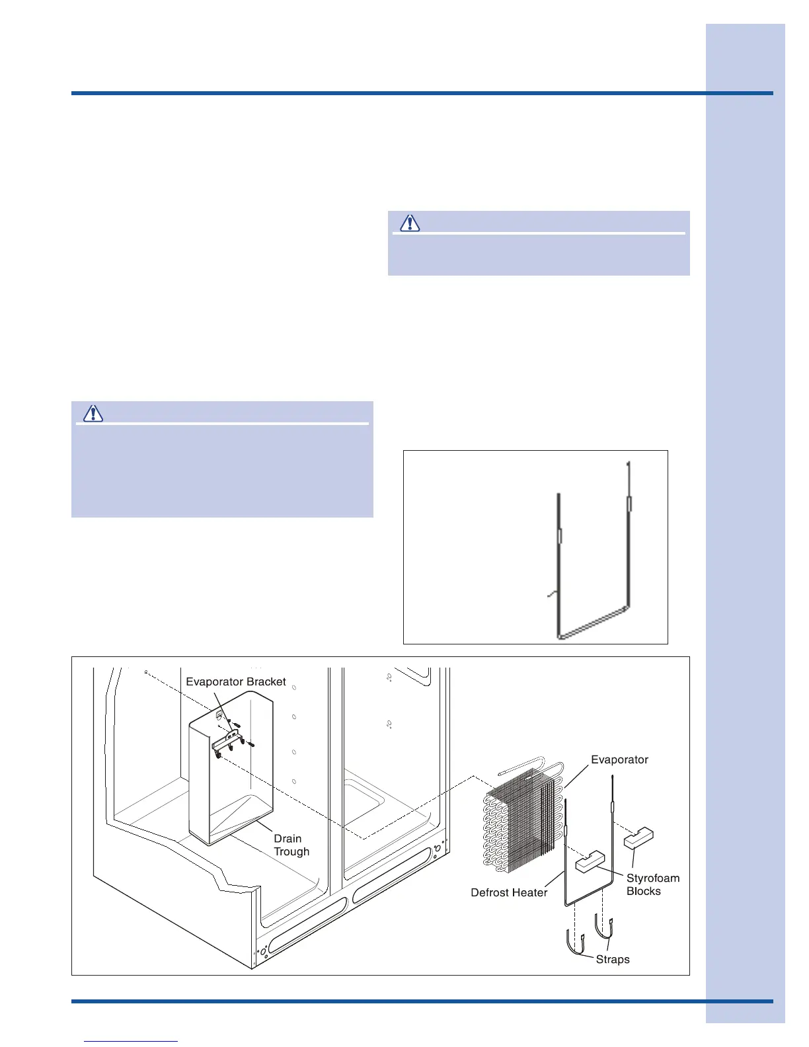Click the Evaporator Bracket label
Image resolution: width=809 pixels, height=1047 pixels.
[236, 681]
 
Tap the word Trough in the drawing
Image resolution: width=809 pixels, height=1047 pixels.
[291, 852]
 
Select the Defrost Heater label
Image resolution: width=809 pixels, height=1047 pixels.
[509, 893]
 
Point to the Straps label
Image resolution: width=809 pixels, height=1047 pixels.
[613, 959]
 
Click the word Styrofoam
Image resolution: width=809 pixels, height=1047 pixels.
[653, 878]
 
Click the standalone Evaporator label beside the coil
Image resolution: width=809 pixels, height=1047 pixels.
[619, 760]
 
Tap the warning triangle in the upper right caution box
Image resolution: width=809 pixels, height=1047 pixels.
[410, 223]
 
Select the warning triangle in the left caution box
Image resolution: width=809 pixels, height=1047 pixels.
[93, 413]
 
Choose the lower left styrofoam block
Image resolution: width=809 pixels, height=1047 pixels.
[590, 861]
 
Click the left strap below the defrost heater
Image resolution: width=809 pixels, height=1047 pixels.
[574, 943]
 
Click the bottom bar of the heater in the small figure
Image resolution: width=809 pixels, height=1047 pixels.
[594, 621]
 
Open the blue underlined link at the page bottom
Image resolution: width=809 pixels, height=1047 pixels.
[131, 1041]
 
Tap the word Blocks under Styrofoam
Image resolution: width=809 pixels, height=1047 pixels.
[643, 892]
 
